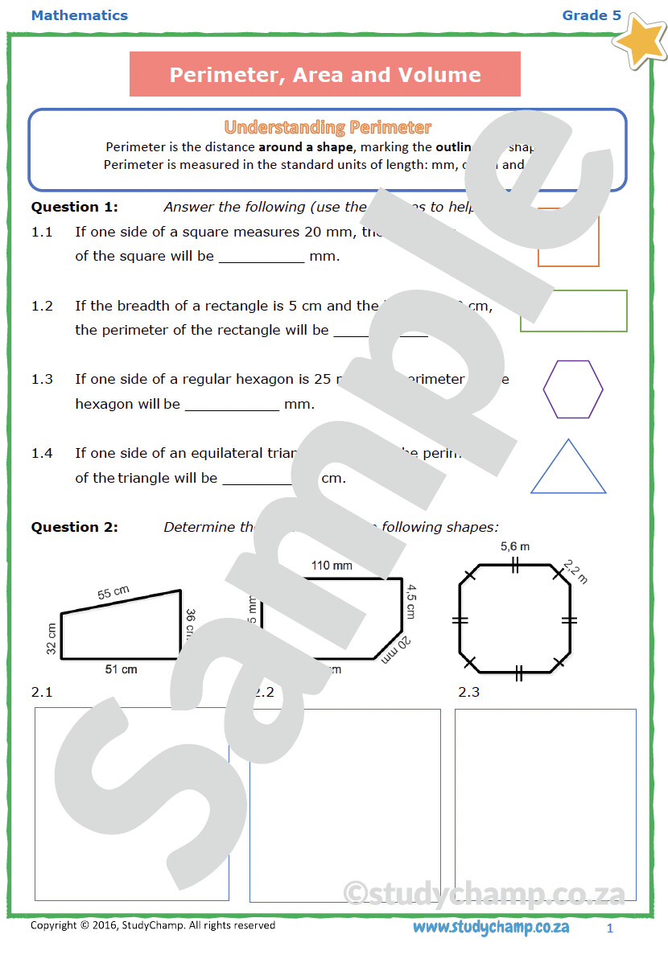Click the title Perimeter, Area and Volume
325,75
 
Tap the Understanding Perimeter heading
328,127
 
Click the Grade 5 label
592,15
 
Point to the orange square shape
568,239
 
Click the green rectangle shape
573,311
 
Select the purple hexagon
572,389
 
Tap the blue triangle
568,469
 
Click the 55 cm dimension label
114,593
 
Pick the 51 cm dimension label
122,669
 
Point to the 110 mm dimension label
332,566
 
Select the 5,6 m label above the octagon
515,547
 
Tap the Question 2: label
74,527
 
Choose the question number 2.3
468,692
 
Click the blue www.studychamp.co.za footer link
491,927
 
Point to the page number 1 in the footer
610,928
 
